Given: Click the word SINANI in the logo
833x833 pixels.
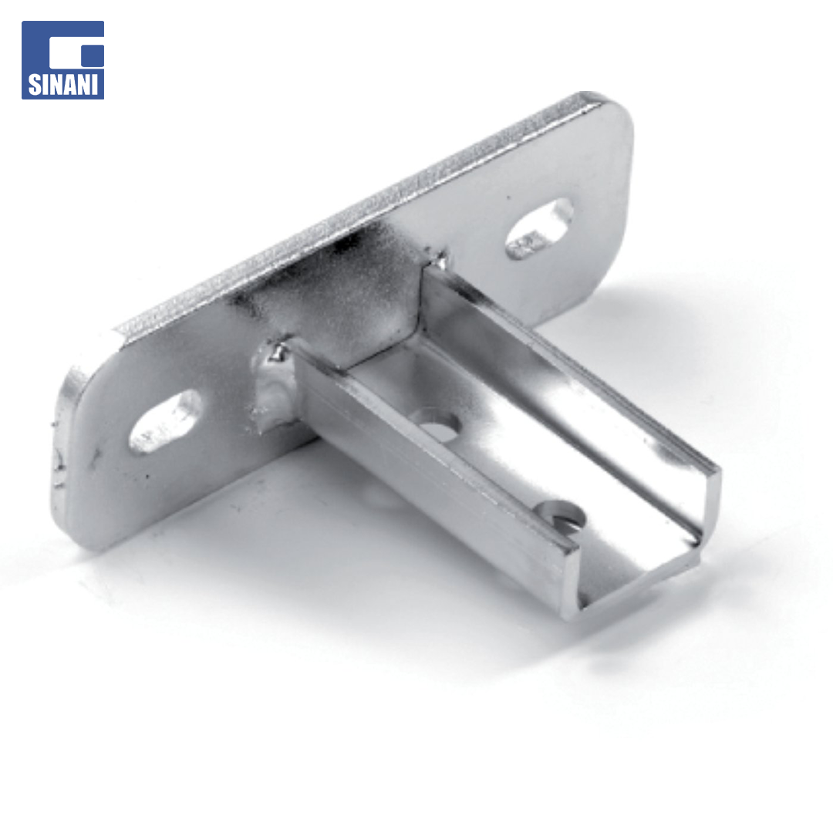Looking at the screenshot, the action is (62, 85).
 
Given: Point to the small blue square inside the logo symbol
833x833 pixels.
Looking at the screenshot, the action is (93, 56).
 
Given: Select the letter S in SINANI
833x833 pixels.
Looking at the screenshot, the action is (35, 85).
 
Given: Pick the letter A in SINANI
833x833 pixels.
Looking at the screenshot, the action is (70, 85).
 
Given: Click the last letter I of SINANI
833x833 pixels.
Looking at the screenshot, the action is (96, 85).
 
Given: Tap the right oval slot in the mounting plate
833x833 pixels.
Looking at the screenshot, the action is (538, 228).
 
